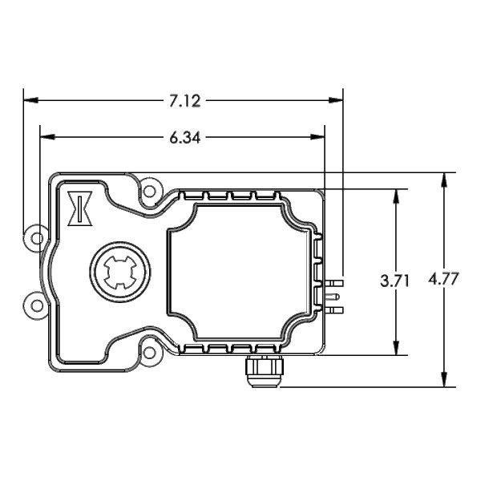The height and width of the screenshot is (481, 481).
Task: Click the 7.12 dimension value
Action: [x=185, y=101]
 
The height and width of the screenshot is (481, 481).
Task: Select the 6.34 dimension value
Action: [x=185, y=137]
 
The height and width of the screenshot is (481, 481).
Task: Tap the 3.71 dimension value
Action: [x=395, y=281]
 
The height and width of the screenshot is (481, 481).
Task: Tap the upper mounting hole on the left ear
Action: [x=34, y=238]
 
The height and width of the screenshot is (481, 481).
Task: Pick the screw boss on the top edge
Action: [x=148, y=192]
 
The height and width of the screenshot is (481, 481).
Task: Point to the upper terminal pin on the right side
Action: [x=335, y=283]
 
